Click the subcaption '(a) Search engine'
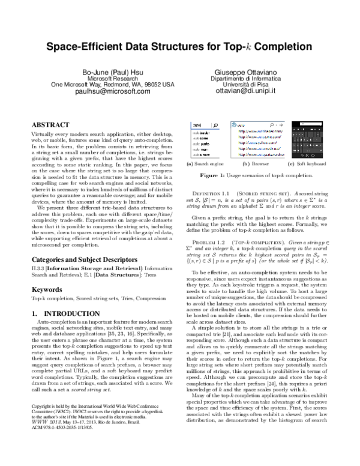[x=206, y=164]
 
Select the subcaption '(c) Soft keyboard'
[x=307, y=164]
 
